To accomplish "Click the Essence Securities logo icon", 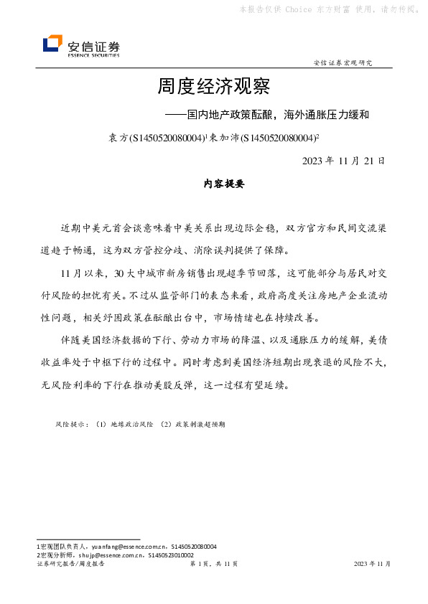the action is pyautogui.click(x=52, y=44).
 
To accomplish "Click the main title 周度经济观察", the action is pyautogui.click(x=213, y=88).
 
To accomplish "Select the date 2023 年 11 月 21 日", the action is pyautogui.click(x=344, y=160).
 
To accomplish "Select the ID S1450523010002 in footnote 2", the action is pyautogui.click(x=169, y=555).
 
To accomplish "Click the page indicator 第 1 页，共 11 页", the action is pyautogui.click(x=213, y=565).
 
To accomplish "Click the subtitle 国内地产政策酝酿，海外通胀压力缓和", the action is pyautogui.click(x=278, y=114).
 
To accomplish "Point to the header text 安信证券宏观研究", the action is pyautogui.click(x=343, y=63).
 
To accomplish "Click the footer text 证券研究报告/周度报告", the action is pyautogui.click(x=70, y=565).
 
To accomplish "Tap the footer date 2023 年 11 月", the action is pyautogui.click(x=373, y=565).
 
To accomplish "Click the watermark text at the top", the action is pyautogui.click(x=329, y=9).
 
